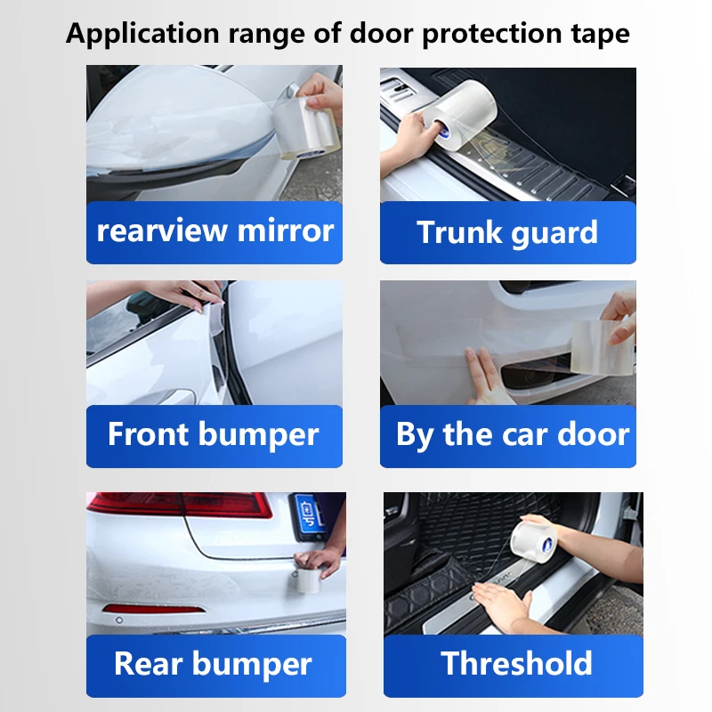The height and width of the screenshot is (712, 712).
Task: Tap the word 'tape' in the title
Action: pos(599,35)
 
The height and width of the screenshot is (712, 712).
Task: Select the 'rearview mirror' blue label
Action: pos(214,231)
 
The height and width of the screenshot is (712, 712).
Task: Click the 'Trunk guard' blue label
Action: pos(507,232)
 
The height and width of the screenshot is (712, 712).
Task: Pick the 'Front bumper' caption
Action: pos(214,435)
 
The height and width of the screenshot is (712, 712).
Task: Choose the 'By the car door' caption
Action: pos(512,435)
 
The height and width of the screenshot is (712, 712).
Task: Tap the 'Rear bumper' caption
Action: pos(214,664)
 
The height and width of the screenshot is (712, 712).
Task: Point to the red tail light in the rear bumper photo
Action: pos(178,505)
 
